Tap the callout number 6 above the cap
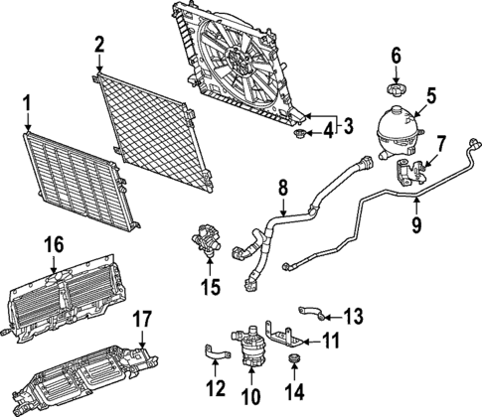click(396, 56)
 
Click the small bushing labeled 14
click(294, 359)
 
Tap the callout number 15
click(208, 289)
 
